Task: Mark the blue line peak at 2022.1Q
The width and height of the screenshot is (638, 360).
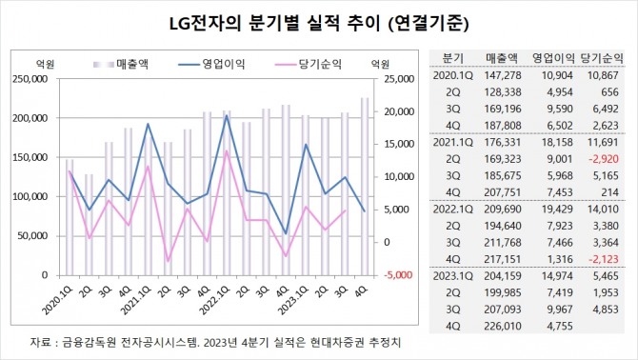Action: point(226,115)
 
